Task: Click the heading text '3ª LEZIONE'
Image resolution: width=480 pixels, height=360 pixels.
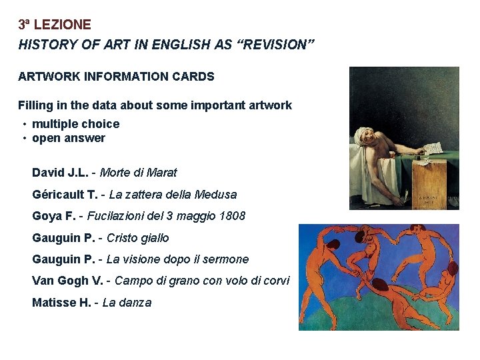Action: pos(54,25)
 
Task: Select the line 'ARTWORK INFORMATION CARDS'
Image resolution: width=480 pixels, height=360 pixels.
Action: pos(116,77)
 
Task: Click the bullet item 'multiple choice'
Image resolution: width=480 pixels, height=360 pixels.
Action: pos(75,124)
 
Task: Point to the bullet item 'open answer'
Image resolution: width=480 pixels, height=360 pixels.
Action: pos(68,139)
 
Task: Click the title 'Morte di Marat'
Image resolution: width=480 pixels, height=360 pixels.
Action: pos(138,173)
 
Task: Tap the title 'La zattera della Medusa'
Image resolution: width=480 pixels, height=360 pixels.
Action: pos(173,195)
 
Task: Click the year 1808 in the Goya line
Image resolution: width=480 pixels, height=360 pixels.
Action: pos(231,216)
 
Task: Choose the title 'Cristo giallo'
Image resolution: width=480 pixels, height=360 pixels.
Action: pos(137,238)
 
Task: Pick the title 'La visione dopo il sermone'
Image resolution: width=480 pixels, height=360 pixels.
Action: pos(177,259)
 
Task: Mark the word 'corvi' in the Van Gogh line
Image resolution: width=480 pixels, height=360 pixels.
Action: pos(275,281)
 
